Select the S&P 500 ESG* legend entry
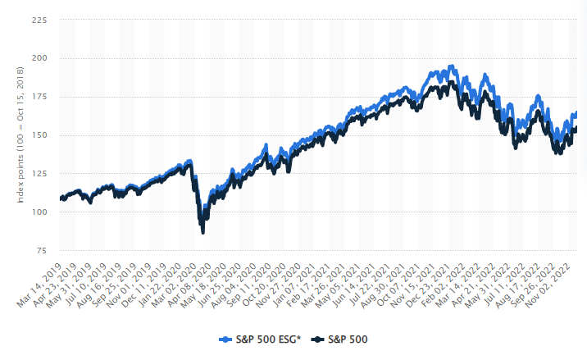tap(262, 338)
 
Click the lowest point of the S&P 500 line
tap(202, 234)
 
